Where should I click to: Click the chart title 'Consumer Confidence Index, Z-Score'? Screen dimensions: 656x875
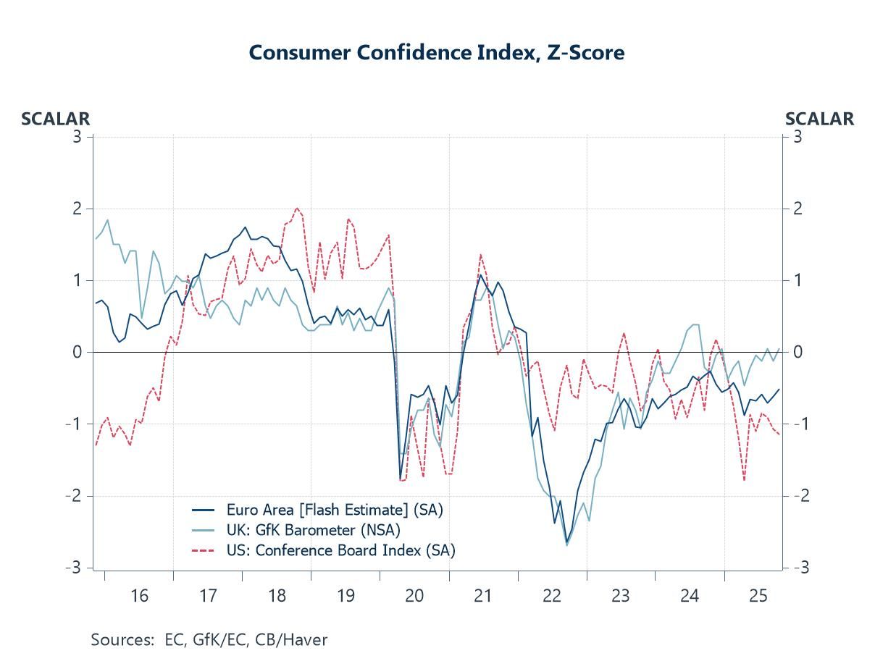pos(436,53)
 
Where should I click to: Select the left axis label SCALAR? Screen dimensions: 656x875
pos(55,119)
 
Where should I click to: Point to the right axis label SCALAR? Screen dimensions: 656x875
pos(819,119)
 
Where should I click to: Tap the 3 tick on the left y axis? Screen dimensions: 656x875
pos(78,137)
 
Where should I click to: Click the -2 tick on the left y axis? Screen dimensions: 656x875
pos(75,496)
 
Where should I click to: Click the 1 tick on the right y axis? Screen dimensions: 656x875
pos(796,281)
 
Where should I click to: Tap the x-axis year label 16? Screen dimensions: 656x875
pos(139,596)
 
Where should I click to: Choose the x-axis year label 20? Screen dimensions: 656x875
pos(414,596)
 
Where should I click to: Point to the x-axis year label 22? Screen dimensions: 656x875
pos(552,596)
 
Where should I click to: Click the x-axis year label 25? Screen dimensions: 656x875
pos(758,596)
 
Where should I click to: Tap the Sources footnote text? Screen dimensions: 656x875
pos(209,640)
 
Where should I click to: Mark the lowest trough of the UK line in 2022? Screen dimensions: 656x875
pos(566,544)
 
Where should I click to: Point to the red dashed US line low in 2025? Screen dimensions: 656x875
pos(744,480)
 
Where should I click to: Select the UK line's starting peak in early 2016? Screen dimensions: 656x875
pos(107,220)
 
